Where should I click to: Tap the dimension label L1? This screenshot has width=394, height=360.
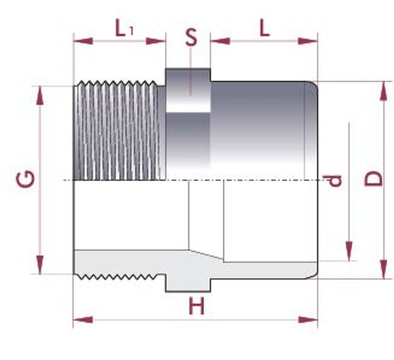click(x=124, y=30)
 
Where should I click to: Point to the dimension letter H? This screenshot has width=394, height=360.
click(x=197, y=306)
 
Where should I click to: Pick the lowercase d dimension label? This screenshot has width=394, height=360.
click(x=335, y=181)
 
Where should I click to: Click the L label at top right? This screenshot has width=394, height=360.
click(x=264, y=29)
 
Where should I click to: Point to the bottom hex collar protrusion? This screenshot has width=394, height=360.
click(x=188, y=285)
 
